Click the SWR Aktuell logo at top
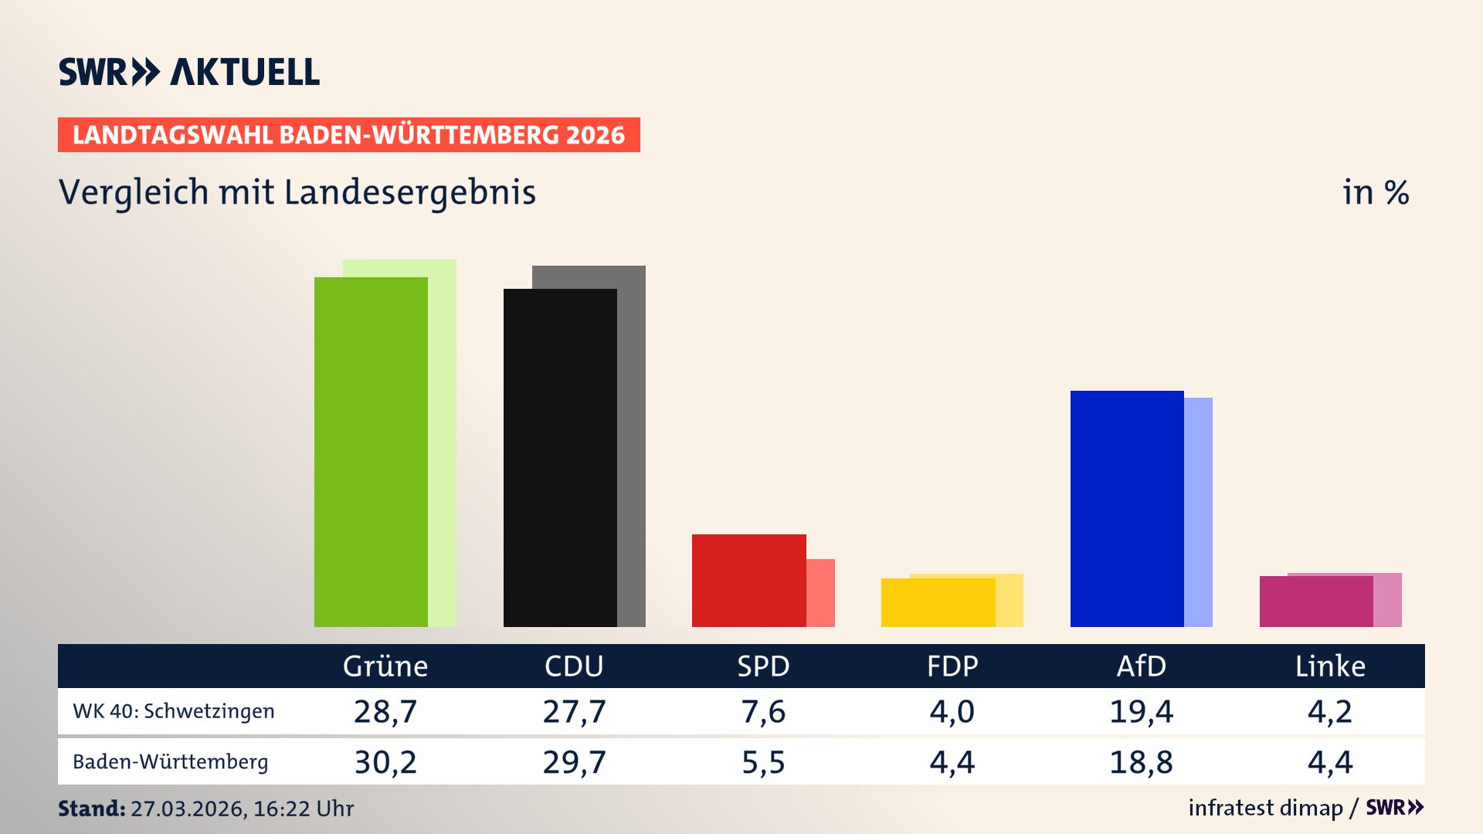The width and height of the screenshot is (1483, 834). pyautogui.click(x=189, y=72)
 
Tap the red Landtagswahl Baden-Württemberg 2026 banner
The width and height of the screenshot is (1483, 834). pyautogui.click(x=348, y=135)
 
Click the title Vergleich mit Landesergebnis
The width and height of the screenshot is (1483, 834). pyautogui.click(x=297, y=192)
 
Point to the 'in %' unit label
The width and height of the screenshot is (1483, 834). pyautogui.click(x=1375, y=192)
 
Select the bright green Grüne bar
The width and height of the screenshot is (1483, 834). pyautogui.click(x=371, y=452)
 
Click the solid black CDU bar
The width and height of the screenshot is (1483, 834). pyautogui.click(x=560, y=457)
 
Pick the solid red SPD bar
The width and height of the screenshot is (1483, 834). pyautogui.click(x=748, y=580)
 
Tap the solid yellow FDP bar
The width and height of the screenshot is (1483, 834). pyautogui.click(x=938, y=602)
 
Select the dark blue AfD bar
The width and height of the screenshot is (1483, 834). pyautogui.click(x=1127, y=508)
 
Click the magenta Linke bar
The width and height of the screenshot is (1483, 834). pyautogui.click(x=1315, y=601)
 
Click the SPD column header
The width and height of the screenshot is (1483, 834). pyautogui.click(x=763, y=666)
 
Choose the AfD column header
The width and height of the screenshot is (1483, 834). pyautogui.click(x=1141, y=666)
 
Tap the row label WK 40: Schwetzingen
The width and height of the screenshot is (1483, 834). pyautogui.click(x=174, y=711)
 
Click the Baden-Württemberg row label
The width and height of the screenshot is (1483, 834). pyautogui.click(x=171, y=762)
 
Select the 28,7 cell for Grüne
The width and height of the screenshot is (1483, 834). pyautogui.click(x=385, y=711)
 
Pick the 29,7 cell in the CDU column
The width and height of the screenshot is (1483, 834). pyautogui.click(x=574, y=762)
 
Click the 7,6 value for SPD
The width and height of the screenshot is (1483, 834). pyautogui.click(x=763, y=711)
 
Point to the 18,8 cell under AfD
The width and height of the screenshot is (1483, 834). pyautogui.click(x=1141, y=762)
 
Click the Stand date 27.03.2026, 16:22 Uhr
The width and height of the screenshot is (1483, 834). pyautogui.click(x=241, y=809)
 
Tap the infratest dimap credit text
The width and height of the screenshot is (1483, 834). pyautogui.click(x=1265, y=808)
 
